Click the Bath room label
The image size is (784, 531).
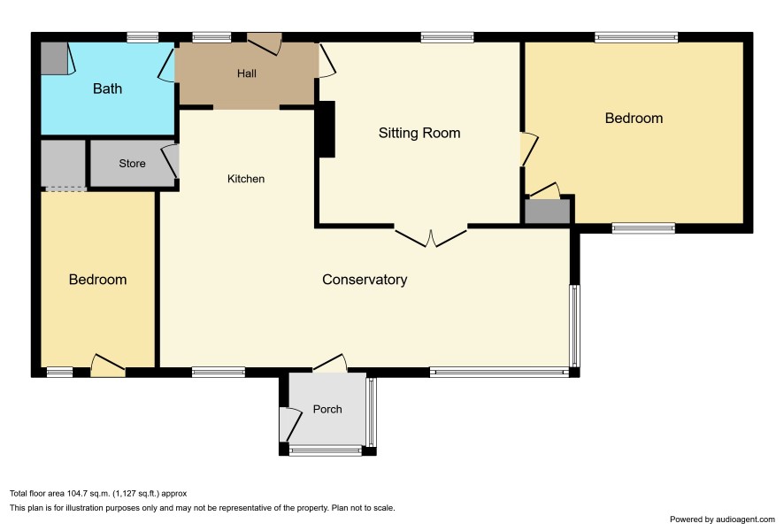click(x=107, y=88)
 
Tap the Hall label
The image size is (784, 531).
click(x=247, y=73)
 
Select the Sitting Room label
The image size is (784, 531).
click(x=419, y=133)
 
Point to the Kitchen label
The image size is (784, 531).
click(x=245, y=179)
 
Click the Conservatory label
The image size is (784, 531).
click(x=365, y=280)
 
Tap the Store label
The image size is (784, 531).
click(x=132, y=164)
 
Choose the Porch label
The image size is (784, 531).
click(x=327, y=409)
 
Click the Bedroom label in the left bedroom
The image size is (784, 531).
click(x=97, y=279)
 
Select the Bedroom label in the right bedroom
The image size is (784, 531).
click(x=634, y=118)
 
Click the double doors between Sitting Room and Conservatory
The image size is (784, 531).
click(x=431, y=236)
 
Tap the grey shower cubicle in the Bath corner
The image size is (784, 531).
click(x=54, y=58)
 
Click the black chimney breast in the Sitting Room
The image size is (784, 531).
click(x=327, y=129)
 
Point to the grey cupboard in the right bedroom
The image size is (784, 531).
click(x=547, y=212)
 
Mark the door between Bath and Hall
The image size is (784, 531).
click(x=166, y=65)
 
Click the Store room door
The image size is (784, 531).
click(x=171, y=161)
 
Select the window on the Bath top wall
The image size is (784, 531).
click(x=142, y=37)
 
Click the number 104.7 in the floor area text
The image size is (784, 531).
click(x=79, y=494)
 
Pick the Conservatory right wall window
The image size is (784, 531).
click(x=575, y=326)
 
